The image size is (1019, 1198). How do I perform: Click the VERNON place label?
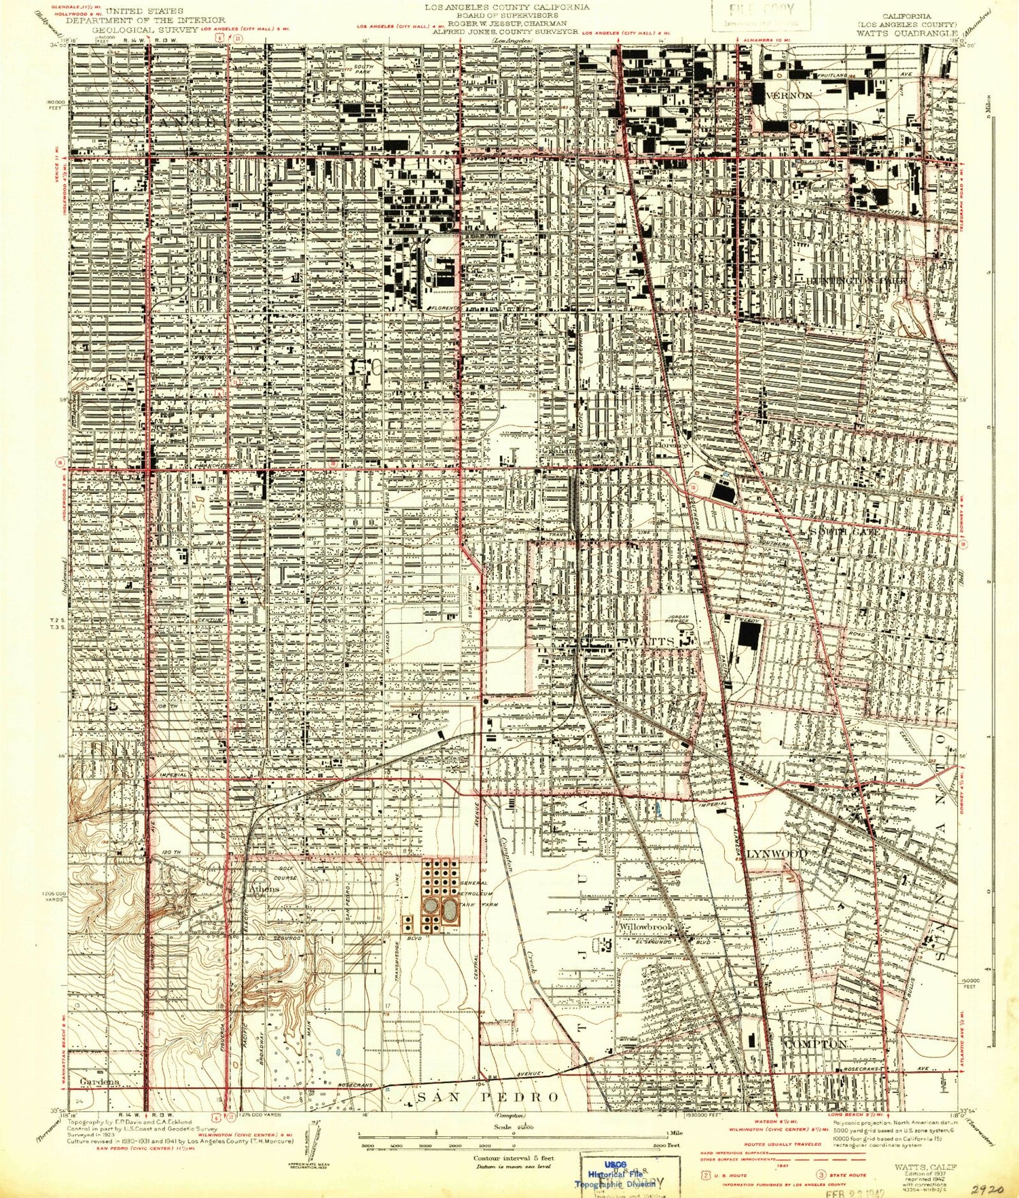tap(789, 96)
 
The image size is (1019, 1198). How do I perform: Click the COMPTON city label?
tap(816, 1043)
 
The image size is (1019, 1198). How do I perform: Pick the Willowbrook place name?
tap(645, 927)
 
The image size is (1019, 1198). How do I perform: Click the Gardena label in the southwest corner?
tap(99, 1081)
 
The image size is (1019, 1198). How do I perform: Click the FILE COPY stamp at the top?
tap(760, 12)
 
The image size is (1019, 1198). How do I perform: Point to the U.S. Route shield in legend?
tap(707, 1174)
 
